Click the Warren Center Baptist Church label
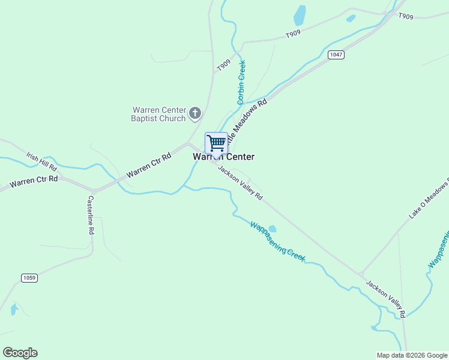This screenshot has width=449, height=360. (x=158, y=114)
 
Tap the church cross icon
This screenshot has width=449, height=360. (x=194, y=113)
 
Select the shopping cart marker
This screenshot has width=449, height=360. (x=216, y=143)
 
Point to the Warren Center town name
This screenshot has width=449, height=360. (x=223, y=157)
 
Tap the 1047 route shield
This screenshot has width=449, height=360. (x=336, y=55)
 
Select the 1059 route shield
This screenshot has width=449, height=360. (x=29, y=278)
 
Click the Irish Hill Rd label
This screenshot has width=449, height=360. (x=41, y=160)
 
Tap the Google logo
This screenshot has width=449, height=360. (x=20, y=353)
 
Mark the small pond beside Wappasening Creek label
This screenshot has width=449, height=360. (x=272, y=229)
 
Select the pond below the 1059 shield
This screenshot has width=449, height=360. (x=14, y=310)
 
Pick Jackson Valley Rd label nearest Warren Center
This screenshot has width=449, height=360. (x=240, y=183)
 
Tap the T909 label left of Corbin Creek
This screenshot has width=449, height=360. (x=224, y=65)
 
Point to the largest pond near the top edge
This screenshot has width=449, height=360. (x=299, y=14)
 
